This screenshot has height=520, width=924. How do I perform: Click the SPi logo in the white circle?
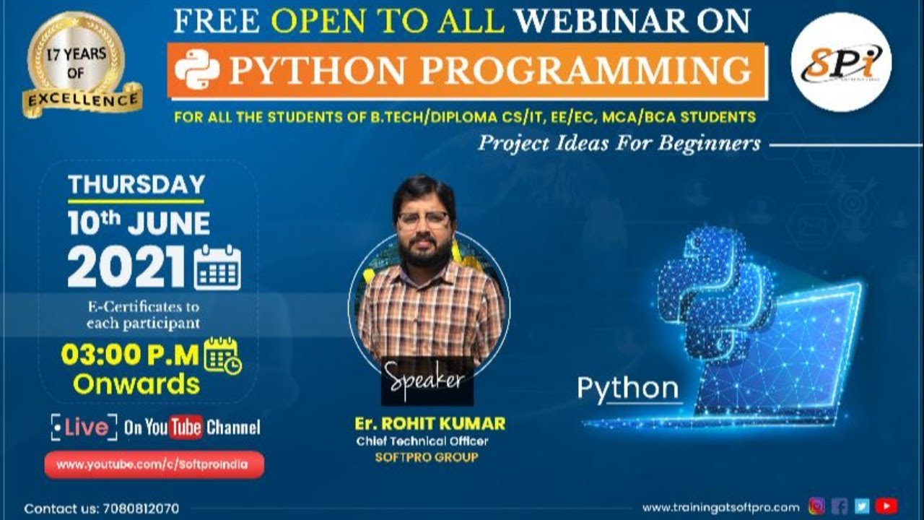coord(841,63)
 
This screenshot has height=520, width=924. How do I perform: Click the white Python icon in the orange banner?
coord(196,69)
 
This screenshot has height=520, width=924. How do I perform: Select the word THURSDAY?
coord(136,185)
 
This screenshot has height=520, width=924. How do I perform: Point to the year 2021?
coord(126,267)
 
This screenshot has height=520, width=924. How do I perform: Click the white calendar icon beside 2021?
coord(217,267)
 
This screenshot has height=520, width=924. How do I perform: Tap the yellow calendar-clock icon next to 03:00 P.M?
coord(222,355)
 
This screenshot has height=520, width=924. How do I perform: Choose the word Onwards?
coord(136,383)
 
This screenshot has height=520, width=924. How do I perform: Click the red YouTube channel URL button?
coord(154,465)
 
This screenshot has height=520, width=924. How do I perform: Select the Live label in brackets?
coord(84,427)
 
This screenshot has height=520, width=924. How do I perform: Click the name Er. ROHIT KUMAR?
coord(430,423)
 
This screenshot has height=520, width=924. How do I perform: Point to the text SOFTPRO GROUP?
coord(426,457)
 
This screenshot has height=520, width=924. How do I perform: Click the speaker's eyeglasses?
coord(423,219)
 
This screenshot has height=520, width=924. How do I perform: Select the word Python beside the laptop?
coord(628,389)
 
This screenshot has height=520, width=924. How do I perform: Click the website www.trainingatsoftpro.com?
coord(720,508)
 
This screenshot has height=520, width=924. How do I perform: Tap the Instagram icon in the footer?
coord(816,506)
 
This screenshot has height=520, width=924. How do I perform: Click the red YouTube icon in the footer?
coord(886,506)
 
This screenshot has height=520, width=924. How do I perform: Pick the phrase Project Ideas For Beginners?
coord(619,143)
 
